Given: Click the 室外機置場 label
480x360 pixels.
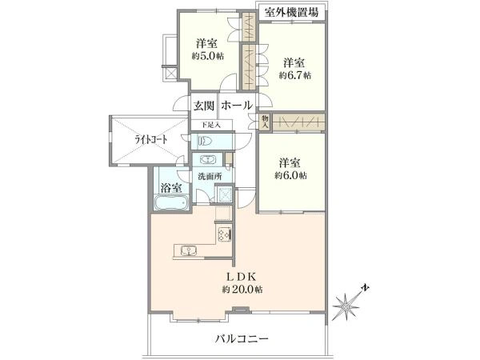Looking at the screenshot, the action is pyautogui.click(x=291, y=12).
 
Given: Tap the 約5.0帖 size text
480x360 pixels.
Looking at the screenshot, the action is pyautogui.click(x=207, y=56).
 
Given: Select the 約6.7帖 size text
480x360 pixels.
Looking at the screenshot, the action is pyautogui.click(x=294, y=75).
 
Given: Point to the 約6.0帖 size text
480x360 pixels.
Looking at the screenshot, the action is pyautogui.click(x=290, y=175).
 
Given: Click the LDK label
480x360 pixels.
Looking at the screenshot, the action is pyautogui.click(x=241, y=277).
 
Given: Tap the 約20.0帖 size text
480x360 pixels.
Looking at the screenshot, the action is pyautogui.click(x=242, y=290).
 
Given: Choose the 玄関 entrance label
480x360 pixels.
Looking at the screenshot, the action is pyautogui.click(x=203, y=106).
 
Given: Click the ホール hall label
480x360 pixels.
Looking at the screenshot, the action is pyautogui.click(x=237, y=106).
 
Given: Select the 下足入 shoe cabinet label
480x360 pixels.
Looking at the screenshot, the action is pyautogui.click(x=211, y=125).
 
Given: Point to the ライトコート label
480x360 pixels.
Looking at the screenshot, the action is pyautogui.click(x=151, y=140).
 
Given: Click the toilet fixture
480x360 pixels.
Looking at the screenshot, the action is pyautogui.click(x=206, y=142).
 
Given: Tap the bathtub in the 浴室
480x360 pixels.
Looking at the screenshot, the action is pyautogui.click(x=171, y=202).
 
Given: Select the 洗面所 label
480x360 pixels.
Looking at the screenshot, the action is pyautogui.click(x=210, y=177).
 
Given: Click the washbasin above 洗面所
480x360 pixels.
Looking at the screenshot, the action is pyautogui.click(x=208, y=159).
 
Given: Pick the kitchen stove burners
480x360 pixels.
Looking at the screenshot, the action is pyautogui.click(x=224, y=234).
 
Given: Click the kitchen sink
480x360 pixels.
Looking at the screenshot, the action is pyautogui.click(x=189, y=250).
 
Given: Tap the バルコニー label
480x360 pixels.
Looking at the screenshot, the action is pyautogui.click(x=242, y=339).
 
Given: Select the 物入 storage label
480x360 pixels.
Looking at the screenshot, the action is pyautogui.click(x=265, y=122).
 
